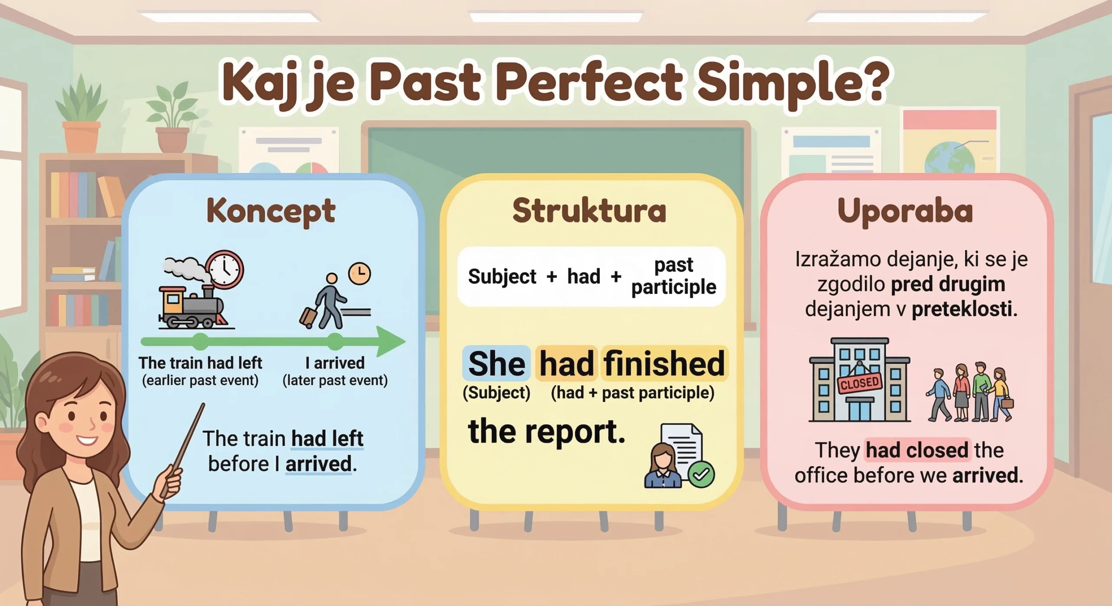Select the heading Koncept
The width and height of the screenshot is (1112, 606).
pyautogui.click(x=271, y=211)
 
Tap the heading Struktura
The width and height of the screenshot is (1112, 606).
pyautogui.click(x=589, y=211)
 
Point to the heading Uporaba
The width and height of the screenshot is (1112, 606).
pyautogui.click(x=905, y=211)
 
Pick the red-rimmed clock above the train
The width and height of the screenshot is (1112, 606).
pyautogui.click(x=225, y=269)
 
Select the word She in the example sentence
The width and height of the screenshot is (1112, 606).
pyautogui.click(x=496, y=364)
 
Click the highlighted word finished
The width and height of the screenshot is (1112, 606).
pyautogui.click(x=664, y=364)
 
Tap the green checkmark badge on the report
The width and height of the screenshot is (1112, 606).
pyautogui.click(x=701, y=474)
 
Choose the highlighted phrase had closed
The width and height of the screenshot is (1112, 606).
pyautogui.click(x=917, y=450)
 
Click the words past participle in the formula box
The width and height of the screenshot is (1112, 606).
pyautogui.click(x=673, y=276)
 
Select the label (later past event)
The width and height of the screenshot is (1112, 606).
pyautogui.click(x=335, y=381)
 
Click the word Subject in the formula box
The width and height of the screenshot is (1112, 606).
pyautogui.click(x=502, y=277)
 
